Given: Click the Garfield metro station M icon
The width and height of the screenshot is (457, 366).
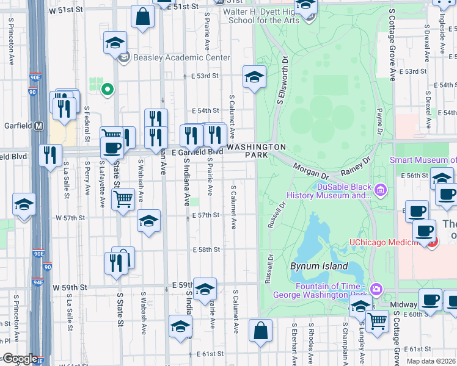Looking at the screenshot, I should pyautogui.click(x=39, y=126).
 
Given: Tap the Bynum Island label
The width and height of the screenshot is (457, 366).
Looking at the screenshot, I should pyautogui.click(x=319, y=267).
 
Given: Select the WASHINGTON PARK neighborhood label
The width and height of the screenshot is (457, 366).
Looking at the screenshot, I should pyautogui.click(x=257, y=151).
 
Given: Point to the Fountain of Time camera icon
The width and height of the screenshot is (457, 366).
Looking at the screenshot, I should pyautogui.click(x=377, y=289).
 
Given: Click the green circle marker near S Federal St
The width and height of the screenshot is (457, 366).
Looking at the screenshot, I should pyautogui.click(x=108, y=90).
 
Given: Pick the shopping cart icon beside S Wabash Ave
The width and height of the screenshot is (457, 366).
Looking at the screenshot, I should pyautogui.click(x=123, y=198).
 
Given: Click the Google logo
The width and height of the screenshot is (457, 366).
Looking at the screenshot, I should pyautogui.click(x=20, y=359).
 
